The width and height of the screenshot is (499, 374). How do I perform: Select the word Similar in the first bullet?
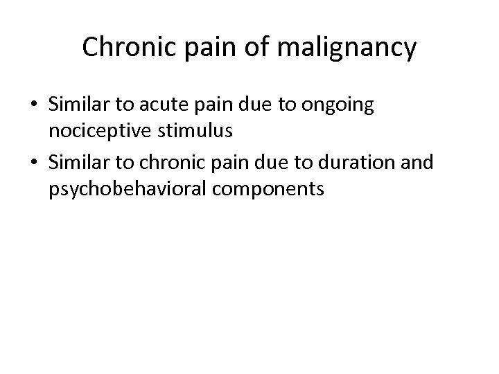(73, 105)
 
